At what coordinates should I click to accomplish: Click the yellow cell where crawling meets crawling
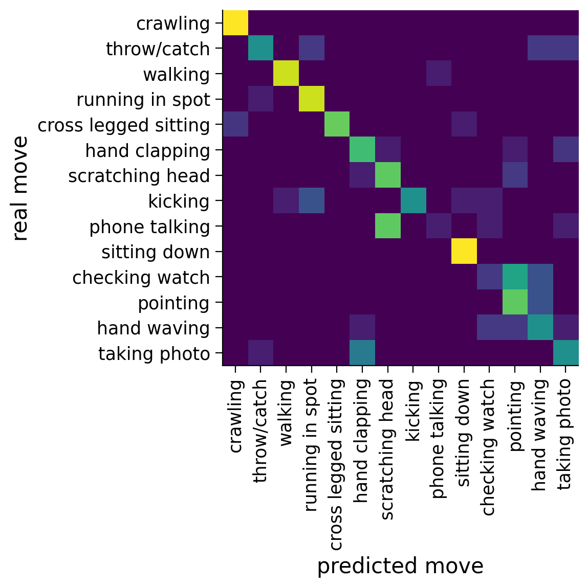[235, 23]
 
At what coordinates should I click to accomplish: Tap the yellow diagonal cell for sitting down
[464, 252]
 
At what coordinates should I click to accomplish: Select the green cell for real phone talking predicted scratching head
[388, 227]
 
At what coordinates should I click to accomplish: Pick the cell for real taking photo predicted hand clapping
[362, 353]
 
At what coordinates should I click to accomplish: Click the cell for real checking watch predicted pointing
[515, 277]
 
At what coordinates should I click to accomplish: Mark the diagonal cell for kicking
[413, 201]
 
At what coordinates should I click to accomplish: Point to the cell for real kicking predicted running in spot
[312, 201]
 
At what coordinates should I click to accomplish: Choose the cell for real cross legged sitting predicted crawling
[235, 125]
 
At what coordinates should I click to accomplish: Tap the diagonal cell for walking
[286, 74]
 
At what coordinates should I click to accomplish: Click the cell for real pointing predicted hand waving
[540, 303]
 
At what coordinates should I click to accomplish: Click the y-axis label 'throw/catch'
[158, 49]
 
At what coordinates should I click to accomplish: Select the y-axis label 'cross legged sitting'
[124, 125]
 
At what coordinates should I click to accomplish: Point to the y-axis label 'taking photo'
[154, 354]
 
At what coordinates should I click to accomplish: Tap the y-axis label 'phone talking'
[149, 227]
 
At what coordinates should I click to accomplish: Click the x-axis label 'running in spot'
[312, 445]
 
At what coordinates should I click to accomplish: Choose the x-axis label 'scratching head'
[388, 449]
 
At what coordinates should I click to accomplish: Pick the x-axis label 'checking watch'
[489, 447]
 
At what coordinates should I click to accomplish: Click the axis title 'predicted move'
[400, 567]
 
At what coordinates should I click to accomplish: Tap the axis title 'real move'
[20, 188]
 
